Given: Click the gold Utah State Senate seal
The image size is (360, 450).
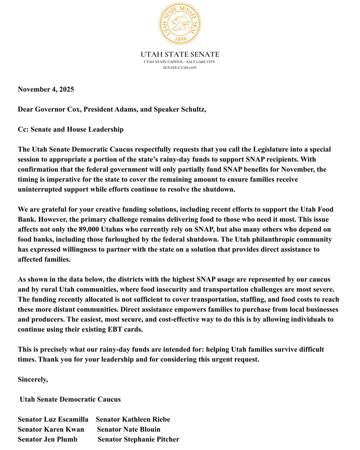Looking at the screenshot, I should (x=180, y=23).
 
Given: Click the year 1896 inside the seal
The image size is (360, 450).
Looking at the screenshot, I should (x=180, y=39).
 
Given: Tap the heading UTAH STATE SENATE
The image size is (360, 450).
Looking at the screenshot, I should (x=180, y=55).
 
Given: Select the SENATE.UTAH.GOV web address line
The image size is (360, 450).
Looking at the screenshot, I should (x=180, y=67).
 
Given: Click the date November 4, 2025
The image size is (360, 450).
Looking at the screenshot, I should (x=46, y=89).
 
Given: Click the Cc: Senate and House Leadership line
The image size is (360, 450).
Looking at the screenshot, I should (x=70, y=129).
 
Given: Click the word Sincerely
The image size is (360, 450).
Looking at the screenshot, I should (x=33, y=379).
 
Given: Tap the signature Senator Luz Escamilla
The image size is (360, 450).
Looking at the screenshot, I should (x=53, y=419).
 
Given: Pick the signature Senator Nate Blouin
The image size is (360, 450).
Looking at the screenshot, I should (x=129, y=429).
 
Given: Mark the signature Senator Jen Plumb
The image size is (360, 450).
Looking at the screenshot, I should (x=48, y=439).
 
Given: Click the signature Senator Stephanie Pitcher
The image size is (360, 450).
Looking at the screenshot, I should (x=138, y=439).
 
